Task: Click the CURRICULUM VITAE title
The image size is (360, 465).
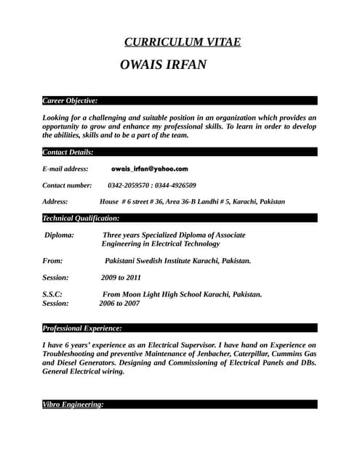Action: pyautogui.click(x=183, y=42)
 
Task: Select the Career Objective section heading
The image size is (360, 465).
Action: pyautogui.click(x=70, y=100)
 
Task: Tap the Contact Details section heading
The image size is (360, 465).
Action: pyautogui.click(x=68, y=152)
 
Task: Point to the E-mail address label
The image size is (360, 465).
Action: pyautogui.click(x=65, y=169)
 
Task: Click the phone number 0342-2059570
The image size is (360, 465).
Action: pyautogui.click(x=130, y=185)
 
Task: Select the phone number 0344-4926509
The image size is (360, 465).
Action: pyautogui.click(x=175, y=185)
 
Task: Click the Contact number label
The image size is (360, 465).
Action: pyautogui.click(x=67, y=185)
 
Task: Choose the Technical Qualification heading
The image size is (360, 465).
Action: pyautogui.click(x=81, y=218)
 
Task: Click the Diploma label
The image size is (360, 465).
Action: pyautogui.click(x=59, y=235)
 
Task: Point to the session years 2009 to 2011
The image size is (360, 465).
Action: pyautogui.click(x=121, y=278)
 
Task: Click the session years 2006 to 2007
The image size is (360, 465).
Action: pyautogui.click(x=119, y=304)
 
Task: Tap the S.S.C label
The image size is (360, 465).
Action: pyautogui.click(x=52, y=294)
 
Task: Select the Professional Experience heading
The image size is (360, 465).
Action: pyautogui.click(x=87, y=328)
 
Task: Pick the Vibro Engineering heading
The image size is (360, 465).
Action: pyautogui.click(x=73, y=404)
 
